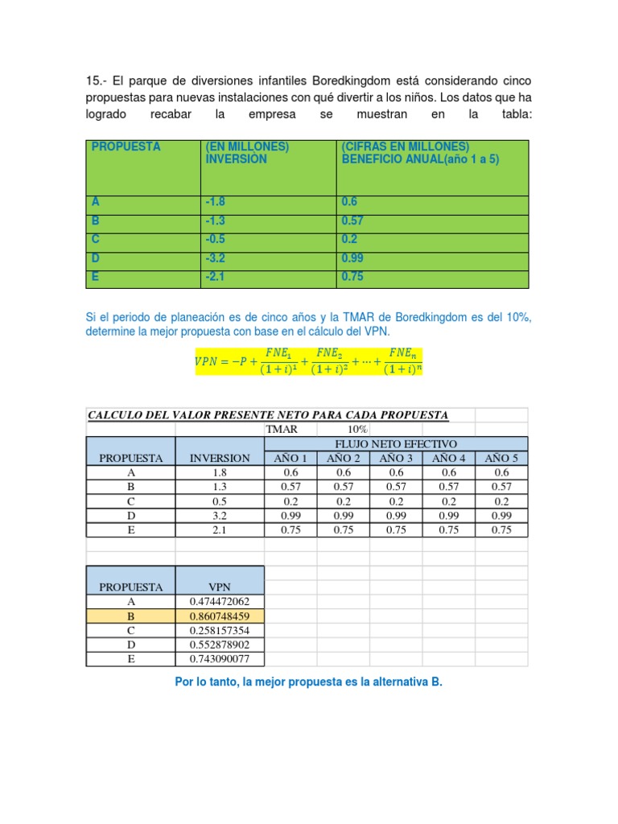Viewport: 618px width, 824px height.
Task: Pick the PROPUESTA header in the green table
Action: pyautogui.click(x=126, y=147)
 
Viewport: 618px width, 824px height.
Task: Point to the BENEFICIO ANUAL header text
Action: pyautogui.click(x=420, y=159)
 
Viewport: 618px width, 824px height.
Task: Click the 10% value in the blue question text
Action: pyautogui.click(x=519, y=318)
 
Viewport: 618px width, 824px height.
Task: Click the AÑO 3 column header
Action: pyautogui.click(x=396, y=458)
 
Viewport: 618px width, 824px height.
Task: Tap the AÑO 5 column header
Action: pyautogui.click(x=501, y=458)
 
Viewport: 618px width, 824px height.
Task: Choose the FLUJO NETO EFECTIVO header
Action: pyautogui.click(x=396, y=443)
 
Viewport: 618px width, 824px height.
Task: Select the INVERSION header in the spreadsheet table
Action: pyautogui.click(x=219, y=458)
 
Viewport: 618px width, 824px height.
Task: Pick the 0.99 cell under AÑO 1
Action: pyautogui.click(x=290, y=515)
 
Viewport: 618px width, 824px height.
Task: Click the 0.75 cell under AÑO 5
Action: pyautogui.click(x=501, y=529)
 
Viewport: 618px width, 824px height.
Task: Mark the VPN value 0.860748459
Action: pyautogui.click(x=219, y=616)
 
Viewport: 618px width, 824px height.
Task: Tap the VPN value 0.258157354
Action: pyautogui.click(x=219, y=631)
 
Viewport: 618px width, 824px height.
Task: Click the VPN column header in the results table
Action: pyautogui.click(x=219, y=587)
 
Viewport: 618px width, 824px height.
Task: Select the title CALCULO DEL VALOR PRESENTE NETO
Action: pyautogui.click(x=268, y=415)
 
